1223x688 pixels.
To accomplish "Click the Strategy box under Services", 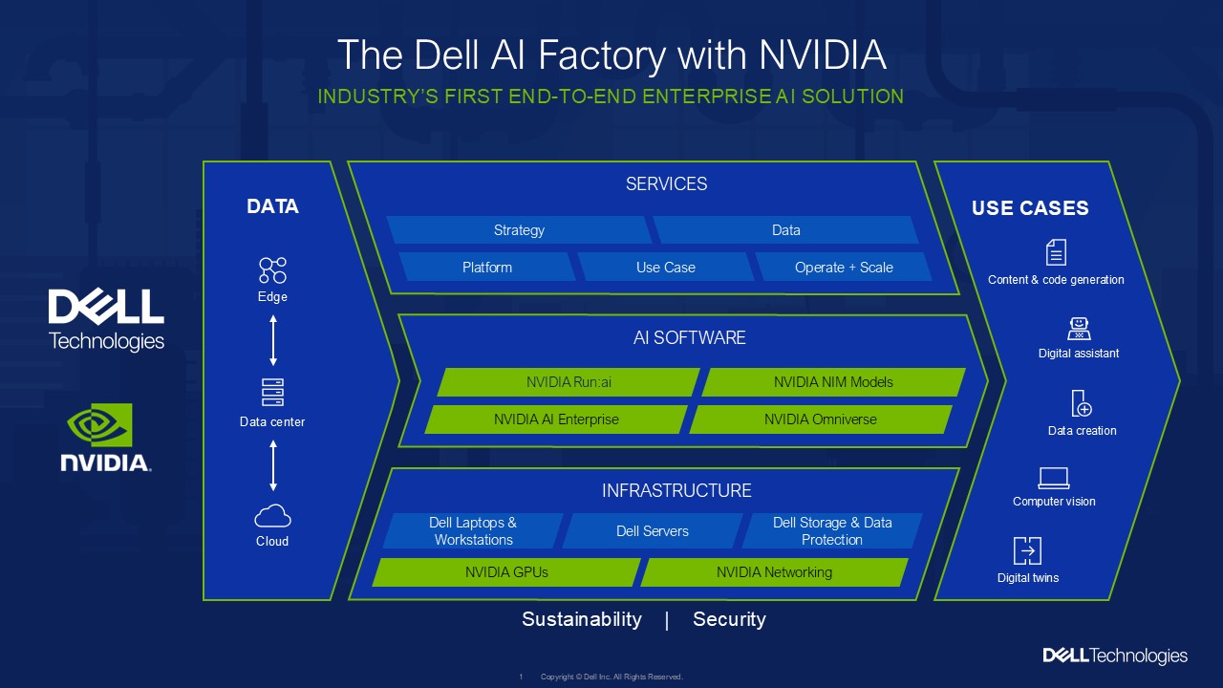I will click(519, 230).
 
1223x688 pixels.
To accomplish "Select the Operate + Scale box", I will click(844, 268).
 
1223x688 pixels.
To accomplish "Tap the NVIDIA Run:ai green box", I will click(569, 382).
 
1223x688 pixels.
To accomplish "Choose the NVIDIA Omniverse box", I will click(820, 419).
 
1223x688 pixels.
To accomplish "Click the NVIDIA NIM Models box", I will click(833, 382).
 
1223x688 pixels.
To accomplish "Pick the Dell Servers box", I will click(652, 531).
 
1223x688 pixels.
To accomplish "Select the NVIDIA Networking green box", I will click(774, 572).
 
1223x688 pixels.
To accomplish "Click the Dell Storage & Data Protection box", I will click(831, 531).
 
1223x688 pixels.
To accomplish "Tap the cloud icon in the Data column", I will click(272, 516).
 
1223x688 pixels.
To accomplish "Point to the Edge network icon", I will click(272, 270).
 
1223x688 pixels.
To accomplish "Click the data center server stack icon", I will click(272, 392).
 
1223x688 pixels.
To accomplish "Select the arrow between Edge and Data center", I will click(273, 340).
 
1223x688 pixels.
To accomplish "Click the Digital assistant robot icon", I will click(1079, 329).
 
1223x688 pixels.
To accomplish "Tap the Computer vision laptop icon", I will click(1054, 478).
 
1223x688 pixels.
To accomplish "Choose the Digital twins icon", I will click(1027, 551).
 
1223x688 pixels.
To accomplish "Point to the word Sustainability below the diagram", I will click(581, 619).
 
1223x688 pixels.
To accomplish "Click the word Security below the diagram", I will click(729, 619).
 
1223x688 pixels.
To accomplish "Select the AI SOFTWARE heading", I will click(689, 337).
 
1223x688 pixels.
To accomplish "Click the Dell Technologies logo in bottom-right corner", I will click(1115, 656).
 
